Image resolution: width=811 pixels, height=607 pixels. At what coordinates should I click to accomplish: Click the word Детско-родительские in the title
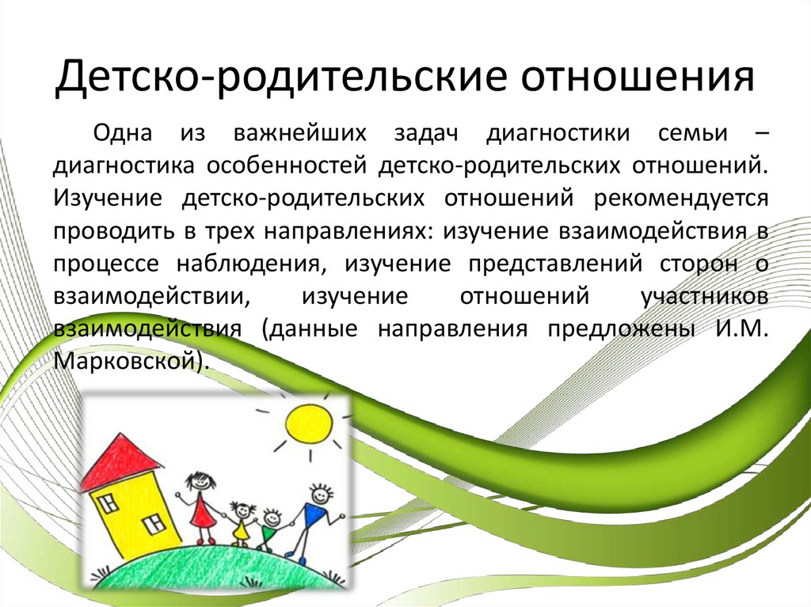click(282, 77)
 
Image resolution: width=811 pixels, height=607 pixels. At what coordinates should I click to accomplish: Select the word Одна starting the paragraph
click(123, 133)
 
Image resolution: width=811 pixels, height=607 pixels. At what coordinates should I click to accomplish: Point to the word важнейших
click(300, 134)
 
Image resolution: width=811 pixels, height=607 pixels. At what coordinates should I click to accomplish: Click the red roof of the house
click(122, 461)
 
